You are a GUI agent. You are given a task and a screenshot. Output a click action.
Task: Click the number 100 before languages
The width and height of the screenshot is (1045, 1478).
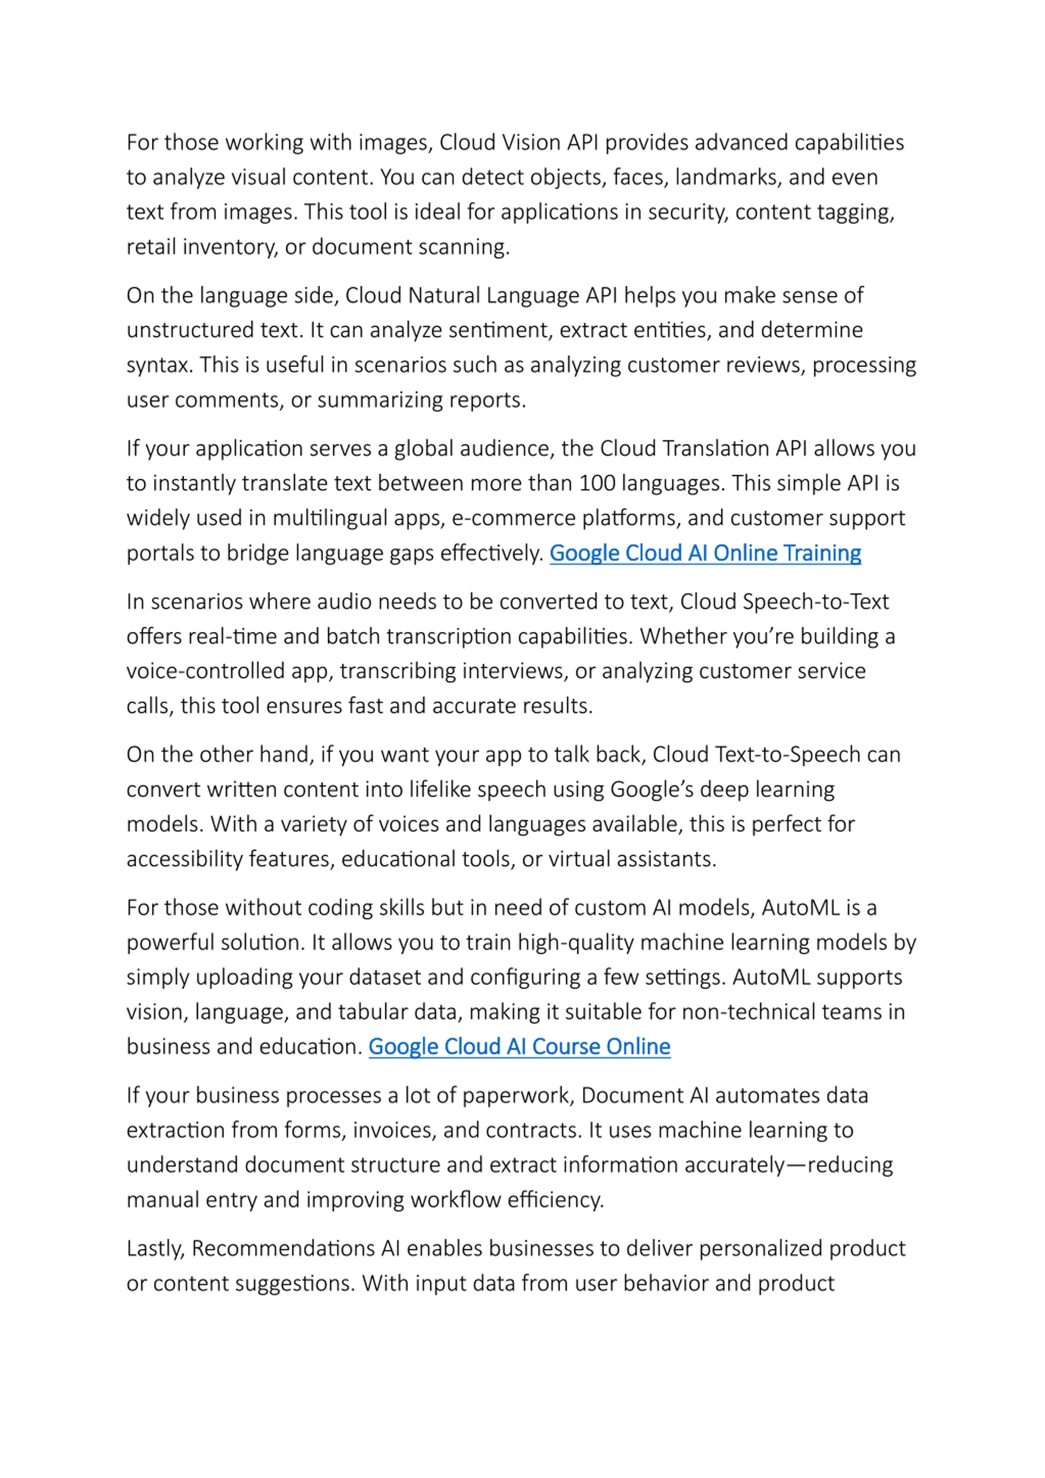[x=598, y=483]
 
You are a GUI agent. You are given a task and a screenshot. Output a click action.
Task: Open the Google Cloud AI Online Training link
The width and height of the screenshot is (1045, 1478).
[x=705, y=553]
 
